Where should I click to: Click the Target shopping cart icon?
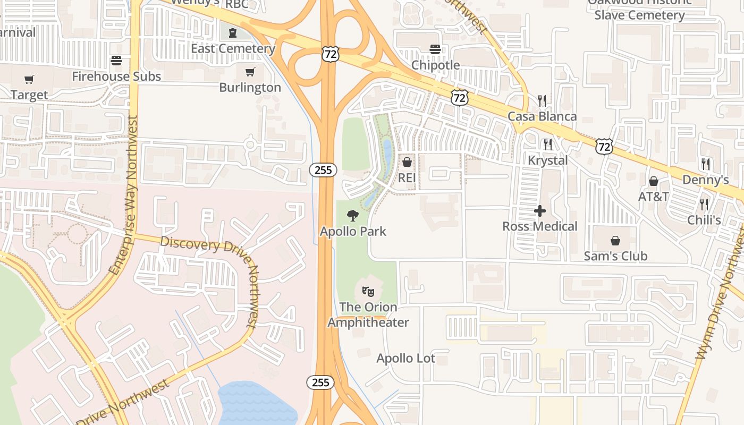tap(29, 80)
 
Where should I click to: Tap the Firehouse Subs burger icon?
tap(116, 61)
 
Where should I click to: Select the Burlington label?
tap(250, 88)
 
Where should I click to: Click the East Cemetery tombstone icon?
tap(232, 33)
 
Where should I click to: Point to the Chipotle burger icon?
tap(435, 49)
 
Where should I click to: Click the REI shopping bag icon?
tap(407, 162)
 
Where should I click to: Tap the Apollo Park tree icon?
tap(353, 216)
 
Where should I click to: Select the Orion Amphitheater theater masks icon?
tap(368, 291)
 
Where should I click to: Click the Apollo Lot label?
tap(406, 359)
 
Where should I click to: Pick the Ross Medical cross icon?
tap(540, 211)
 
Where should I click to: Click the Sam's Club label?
tap(615, 256)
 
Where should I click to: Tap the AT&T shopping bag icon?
tap(654, 181)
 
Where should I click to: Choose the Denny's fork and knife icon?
tap(706, 164)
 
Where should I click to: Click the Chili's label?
tap(704, 220)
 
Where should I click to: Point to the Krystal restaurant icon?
tap(548, 144)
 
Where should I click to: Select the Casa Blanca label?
tap(542, 116)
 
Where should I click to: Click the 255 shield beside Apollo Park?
tap(323, 170)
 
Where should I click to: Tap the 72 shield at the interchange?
tap(330, 54)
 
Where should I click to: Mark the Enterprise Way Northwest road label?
tap(123, 195)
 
